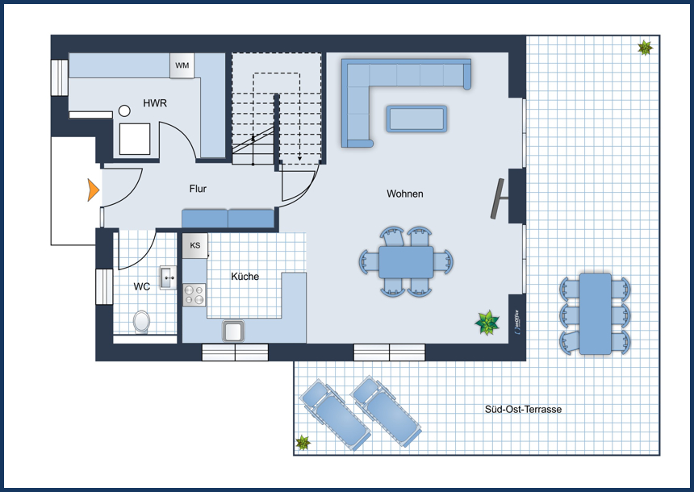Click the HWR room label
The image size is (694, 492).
[x=155, y=103]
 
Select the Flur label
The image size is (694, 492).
[x=198, y=189]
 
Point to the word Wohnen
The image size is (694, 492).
[x=404, y=194]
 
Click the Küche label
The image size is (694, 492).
[x=245, y=276]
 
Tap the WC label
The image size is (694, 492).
[x=142, y=286]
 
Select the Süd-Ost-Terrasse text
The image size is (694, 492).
[x=523, y=410]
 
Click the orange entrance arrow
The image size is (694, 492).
[x=93, y=190]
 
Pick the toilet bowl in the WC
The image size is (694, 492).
[x=142, y=322]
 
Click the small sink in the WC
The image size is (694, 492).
[x=168, y=277]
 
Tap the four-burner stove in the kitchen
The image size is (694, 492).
[x=194, y=295]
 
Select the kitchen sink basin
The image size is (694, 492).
[x=234, y=330]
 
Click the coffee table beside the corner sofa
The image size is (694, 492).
[x=416, y=119]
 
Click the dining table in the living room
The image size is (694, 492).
[x=405, y=261]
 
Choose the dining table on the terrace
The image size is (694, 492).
[x=596, y=314]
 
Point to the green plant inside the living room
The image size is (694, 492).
[x=487, y=323]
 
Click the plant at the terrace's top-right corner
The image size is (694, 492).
[x=645, y=48]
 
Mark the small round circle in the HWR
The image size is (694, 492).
[x=125, y=110]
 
